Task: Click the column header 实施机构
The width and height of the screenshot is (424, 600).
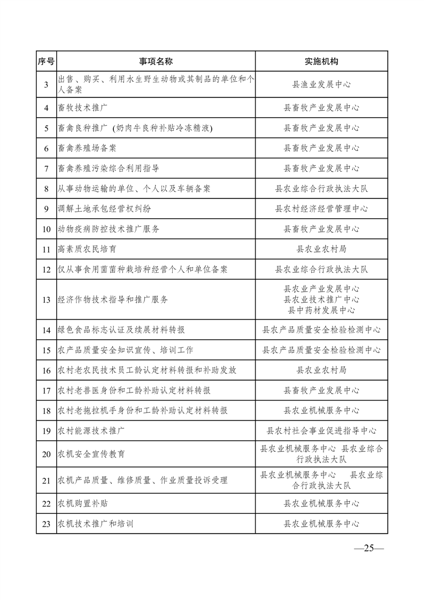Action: (x=321, y=61)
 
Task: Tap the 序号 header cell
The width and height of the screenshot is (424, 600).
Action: (x=46, y=61)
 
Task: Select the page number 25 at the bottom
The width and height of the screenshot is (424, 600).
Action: (x=368, y=548)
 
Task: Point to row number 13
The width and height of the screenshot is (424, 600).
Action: (x=46, y=299)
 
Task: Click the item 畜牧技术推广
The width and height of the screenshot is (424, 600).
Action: (x=83, y=107)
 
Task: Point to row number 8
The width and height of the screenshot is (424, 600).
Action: (x=46, y=188)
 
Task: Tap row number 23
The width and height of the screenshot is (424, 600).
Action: (x=46, y=524)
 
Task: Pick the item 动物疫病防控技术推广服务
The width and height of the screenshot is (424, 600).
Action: (x=109, y=229)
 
